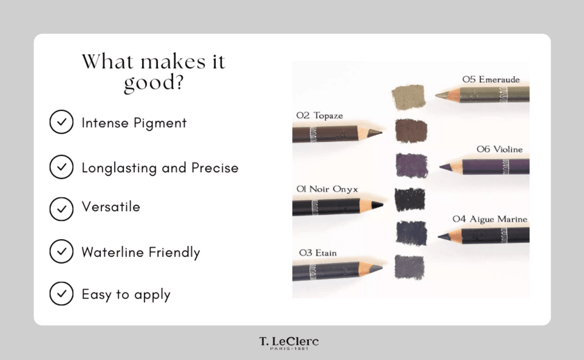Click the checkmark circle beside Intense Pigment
(61, 122)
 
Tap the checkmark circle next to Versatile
(61, 209)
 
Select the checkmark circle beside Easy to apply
(61, 293)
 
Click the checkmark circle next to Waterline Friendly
(61, 251)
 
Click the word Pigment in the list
(160, 123)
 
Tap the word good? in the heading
(154, 82)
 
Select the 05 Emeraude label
(491, 80)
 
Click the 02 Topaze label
(319, 116)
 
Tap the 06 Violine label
(499, 149)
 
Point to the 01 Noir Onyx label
(327, 189)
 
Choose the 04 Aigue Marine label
(490, 220)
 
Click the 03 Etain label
(318, 253)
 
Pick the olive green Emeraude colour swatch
(408, 97)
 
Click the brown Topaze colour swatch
(411, 130)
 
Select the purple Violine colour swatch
(411, 165)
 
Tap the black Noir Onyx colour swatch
(410, 199)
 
